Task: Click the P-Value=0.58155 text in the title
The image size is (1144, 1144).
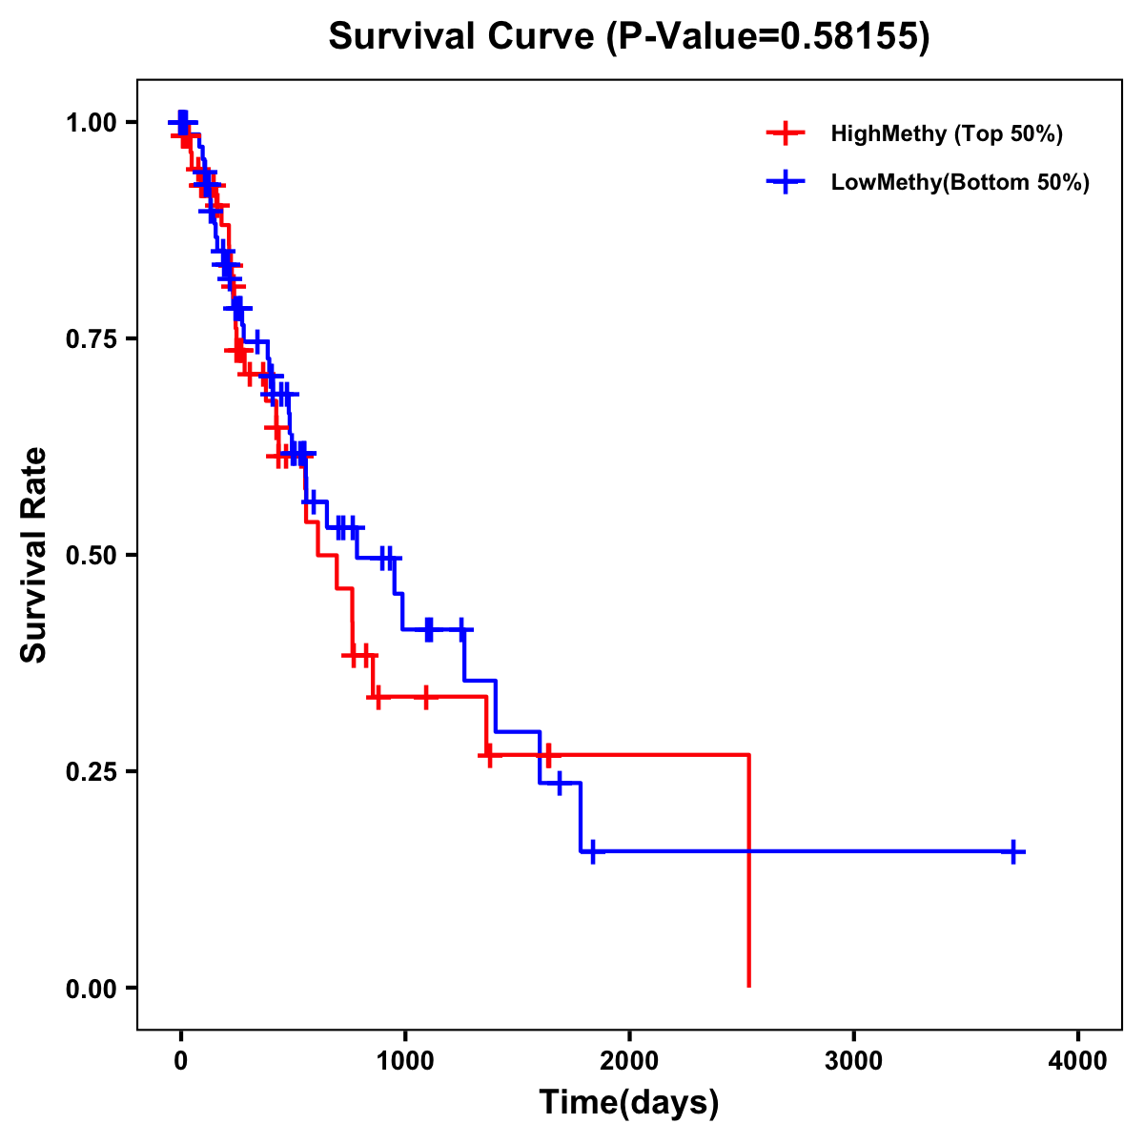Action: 770,37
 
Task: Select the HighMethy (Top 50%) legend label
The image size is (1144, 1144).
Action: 946,133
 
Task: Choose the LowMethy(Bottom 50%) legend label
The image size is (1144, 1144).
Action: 959,182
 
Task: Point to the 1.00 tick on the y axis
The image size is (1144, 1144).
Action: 91,123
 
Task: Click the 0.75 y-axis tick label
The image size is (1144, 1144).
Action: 91,339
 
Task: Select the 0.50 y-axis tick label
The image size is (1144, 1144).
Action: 91,556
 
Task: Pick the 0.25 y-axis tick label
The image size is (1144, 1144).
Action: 91,772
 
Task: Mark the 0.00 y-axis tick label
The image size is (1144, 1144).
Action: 91,989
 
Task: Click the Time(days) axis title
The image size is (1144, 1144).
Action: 629,1103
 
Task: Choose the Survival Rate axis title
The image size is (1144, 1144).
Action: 34,555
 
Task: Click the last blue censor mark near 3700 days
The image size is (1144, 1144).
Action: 1013,851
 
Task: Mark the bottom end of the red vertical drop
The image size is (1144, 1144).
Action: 749,985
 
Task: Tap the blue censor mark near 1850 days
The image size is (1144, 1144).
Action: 593,851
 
